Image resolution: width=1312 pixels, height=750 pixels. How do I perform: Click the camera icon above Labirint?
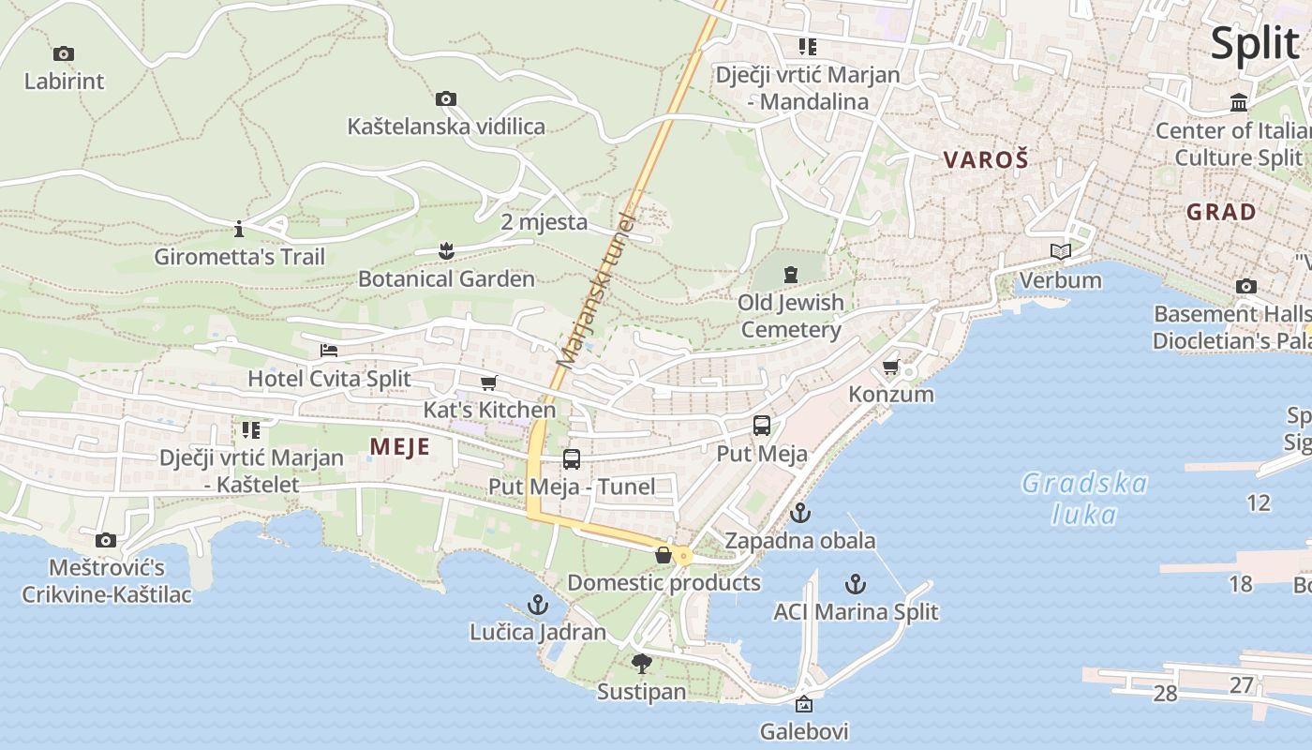point(64,54)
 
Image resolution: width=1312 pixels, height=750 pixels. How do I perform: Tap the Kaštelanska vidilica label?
point(446,126)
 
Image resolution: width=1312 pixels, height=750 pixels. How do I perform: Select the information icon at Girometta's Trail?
point(239,229)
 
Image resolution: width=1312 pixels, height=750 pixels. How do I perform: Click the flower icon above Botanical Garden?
point(446,250)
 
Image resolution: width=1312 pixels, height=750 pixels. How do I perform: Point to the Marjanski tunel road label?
point(597,290)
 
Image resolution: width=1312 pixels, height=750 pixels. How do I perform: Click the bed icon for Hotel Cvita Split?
point(329,351)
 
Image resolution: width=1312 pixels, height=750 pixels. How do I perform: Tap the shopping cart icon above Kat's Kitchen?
point(488,382)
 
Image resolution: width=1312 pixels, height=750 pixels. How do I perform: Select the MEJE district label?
point(400,447)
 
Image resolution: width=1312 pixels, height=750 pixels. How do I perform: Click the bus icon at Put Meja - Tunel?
point(572,459)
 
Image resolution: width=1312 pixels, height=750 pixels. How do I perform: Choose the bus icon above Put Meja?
point(762,426)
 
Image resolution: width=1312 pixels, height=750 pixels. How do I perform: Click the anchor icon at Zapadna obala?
point(799,513)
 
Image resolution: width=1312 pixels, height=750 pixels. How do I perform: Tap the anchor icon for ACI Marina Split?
point(855,584)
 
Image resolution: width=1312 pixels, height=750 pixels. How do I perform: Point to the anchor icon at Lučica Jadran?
point(538,605)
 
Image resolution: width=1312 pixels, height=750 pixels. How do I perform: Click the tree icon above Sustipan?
point(642,664)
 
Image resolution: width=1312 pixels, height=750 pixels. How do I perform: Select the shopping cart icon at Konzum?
point(890,367)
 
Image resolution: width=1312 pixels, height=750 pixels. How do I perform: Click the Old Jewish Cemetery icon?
point(791,275)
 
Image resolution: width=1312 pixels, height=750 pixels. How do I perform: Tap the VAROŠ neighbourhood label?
point(986,160)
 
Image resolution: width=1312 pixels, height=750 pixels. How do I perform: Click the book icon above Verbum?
point(1061,252)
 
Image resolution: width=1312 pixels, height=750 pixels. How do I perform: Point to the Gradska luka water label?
point(1084,499)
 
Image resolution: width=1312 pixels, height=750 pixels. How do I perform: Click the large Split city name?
point(1255,42)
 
